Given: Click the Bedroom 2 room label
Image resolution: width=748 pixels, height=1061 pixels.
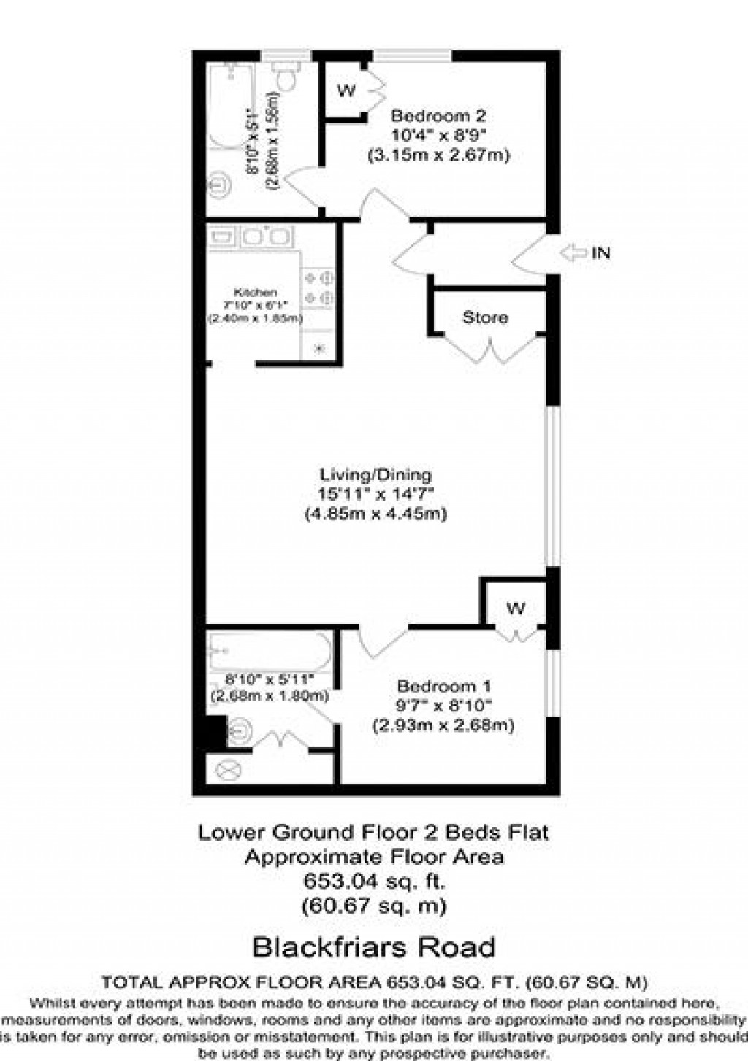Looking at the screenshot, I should click(x=438, y=116).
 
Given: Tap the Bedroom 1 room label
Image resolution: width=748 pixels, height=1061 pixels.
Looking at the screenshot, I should click(x=443, y=687).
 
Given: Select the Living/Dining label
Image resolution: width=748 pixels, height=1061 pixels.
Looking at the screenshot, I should click(x=375, y=474).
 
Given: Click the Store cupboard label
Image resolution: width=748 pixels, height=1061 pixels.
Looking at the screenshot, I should click(x=485, y=317).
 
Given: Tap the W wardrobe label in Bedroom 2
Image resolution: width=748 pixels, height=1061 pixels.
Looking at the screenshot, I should click(x=346, y=90).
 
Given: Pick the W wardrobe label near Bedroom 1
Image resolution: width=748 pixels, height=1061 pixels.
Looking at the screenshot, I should click(x=516, y=609).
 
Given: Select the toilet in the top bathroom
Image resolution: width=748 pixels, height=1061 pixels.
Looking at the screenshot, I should click(x=285, y=77).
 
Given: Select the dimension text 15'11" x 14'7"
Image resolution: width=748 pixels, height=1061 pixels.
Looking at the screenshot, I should click(x=375, y=494).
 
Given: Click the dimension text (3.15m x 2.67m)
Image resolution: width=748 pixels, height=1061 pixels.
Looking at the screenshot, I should click(x=438, y=155).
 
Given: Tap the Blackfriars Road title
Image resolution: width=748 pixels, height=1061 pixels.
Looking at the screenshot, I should click(x=373, y=947).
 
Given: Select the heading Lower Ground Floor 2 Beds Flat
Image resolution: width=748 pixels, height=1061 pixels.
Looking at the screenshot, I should click(x=373, y=833).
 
